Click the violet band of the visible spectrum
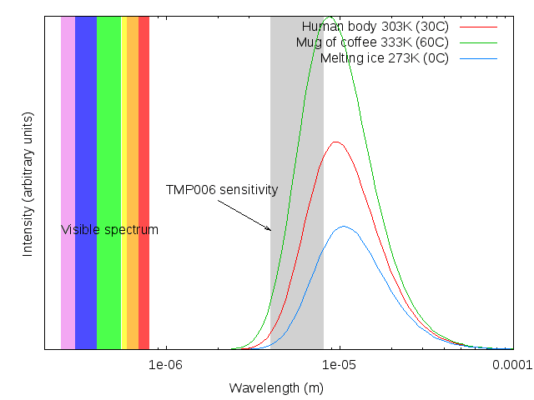click(68, 125)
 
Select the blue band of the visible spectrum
click(86, 125)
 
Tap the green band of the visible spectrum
click(108, 125)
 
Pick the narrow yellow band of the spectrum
click(123, 125)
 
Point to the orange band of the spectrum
click(132, 125)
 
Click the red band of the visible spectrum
click(144, 125)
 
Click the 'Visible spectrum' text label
click(109, 230)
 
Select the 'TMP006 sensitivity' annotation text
click(221, 190)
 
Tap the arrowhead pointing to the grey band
click(268, 229)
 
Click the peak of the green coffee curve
click(330, 17)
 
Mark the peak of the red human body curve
click(335, 142)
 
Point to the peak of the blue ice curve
click(343, 226)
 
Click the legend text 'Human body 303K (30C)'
click(375, 27)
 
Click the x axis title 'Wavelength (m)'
click(276, 387)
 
